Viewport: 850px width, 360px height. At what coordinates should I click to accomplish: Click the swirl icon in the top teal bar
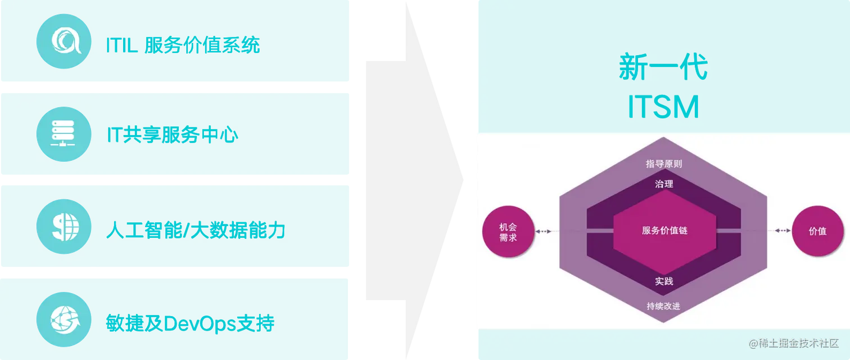click(64, 41)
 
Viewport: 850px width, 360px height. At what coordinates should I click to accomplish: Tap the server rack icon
click(64, 134)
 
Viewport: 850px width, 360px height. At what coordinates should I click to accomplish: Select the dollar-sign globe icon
click(64, 227)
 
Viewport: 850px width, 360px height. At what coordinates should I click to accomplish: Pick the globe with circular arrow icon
click(64, 320)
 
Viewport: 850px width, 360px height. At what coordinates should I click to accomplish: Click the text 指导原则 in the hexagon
click(664, 164)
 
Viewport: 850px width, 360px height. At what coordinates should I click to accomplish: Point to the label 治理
click(664, 184)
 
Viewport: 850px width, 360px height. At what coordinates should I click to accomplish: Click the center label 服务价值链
click(664, 231)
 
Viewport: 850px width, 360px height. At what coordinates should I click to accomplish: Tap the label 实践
click(664, 281)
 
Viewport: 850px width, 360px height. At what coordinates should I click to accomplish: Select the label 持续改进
click(664, 306)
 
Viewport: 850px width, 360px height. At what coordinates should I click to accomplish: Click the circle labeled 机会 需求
click(508, 231)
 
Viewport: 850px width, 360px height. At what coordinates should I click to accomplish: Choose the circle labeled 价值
click(817, 231)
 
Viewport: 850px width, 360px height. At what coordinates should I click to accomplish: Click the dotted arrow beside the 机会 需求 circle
click(544, 231)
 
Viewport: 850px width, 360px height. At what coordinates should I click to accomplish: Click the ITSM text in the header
click(663, 107)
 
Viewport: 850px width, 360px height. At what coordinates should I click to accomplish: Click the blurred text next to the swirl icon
click(183, 45)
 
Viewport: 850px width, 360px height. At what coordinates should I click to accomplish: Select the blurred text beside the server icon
click(171, 135)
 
